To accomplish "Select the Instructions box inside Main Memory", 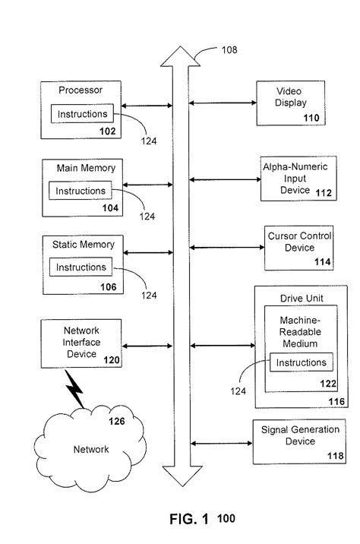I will tap(81, 191).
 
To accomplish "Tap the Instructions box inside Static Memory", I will tap(81, 267).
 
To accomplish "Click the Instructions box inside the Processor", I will tap(83, 114).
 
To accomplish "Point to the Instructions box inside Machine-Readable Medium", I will tap(301, 363).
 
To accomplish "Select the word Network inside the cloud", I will tap(90, 449).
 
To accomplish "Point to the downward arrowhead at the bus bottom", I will tap(178, 477).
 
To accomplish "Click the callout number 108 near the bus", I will tap(229, 50).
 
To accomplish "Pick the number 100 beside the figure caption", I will tap(226, 519).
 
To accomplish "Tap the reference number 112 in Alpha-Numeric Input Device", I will tap(323, 193).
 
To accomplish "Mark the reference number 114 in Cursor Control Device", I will tap(323, 261).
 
